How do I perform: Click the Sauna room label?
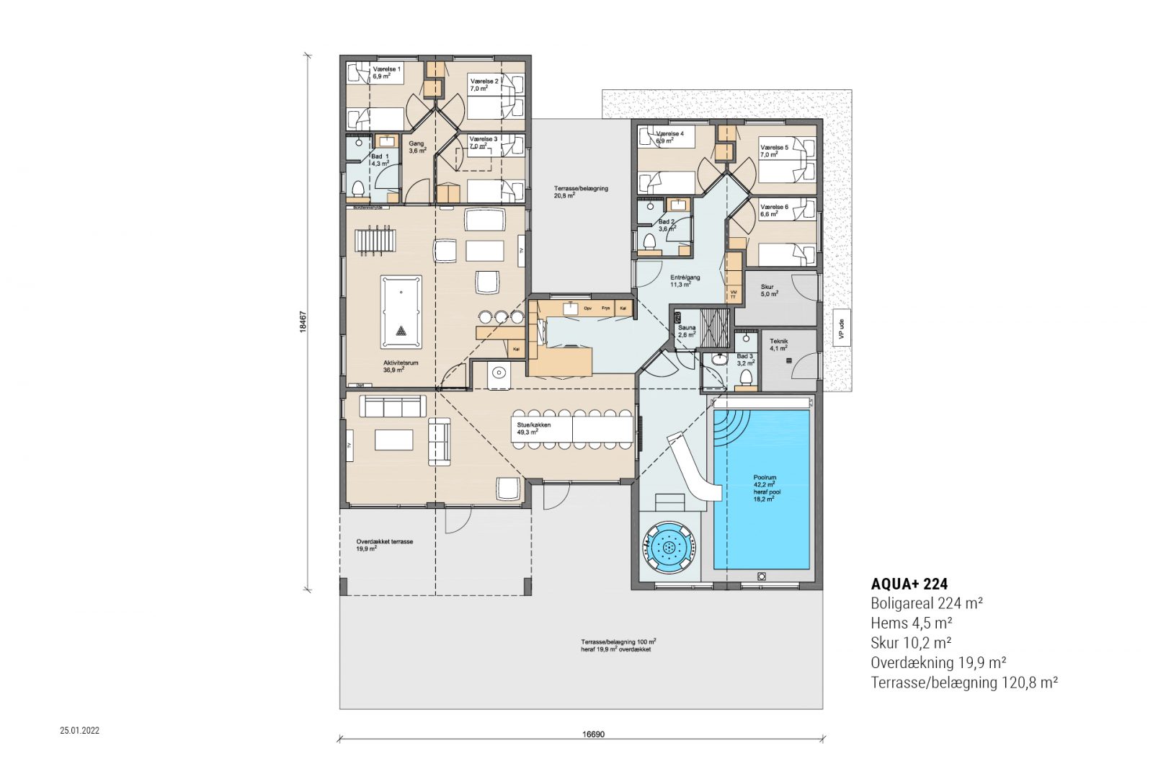click(686, 331)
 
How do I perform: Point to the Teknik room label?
click(779, 345)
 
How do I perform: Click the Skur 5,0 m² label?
click(769, 290)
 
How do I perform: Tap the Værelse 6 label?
click(773, 210)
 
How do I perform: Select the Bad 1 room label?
click(380, 159)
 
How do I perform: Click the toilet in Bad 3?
click(746, 378)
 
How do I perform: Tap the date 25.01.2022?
click(79, 730)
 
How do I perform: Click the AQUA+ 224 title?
click(909, 584)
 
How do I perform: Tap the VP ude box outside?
click(840, 329)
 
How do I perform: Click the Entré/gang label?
click(685, 280)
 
